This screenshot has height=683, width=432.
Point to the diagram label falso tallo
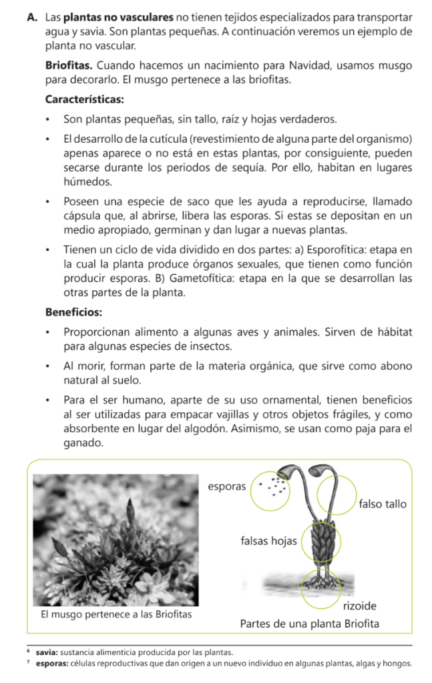382,504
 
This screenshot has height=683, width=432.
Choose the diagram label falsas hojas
268,541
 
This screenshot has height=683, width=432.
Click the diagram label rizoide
359,606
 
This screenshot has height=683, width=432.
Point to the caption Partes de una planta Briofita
308,624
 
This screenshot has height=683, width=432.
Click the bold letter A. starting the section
32,15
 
